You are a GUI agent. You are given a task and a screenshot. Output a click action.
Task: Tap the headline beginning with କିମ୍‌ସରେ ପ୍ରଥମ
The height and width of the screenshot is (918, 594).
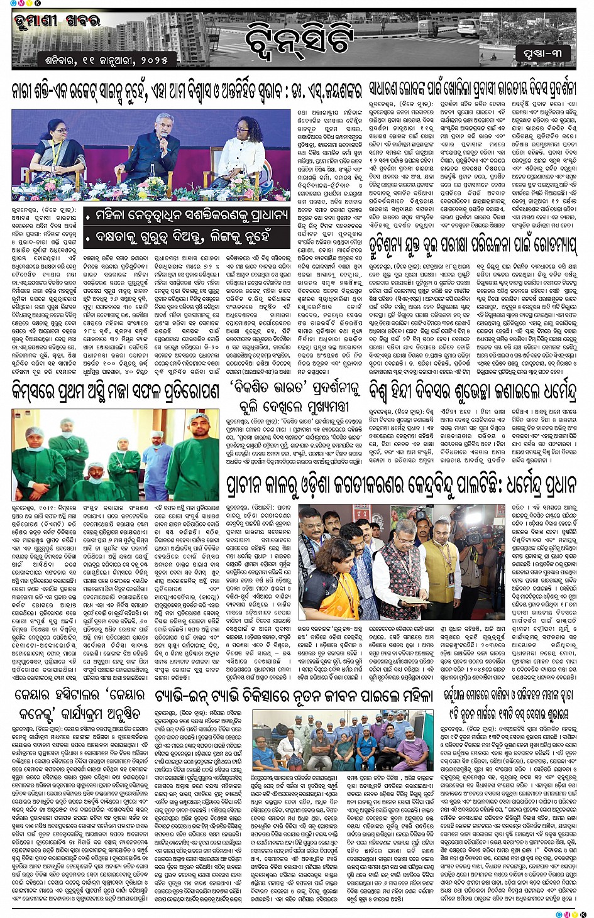click(x=115, y=391)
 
